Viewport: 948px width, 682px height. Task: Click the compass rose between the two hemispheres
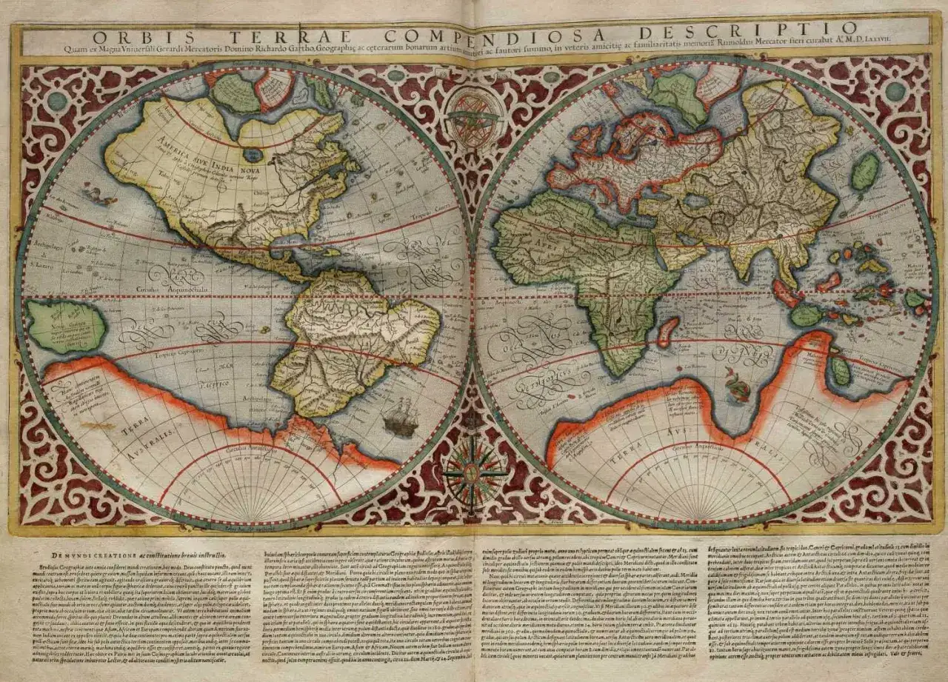474,474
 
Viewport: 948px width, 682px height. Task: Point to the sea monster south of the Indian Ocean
738,386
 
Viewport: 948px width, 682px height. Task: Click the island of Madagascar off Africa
668,331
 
